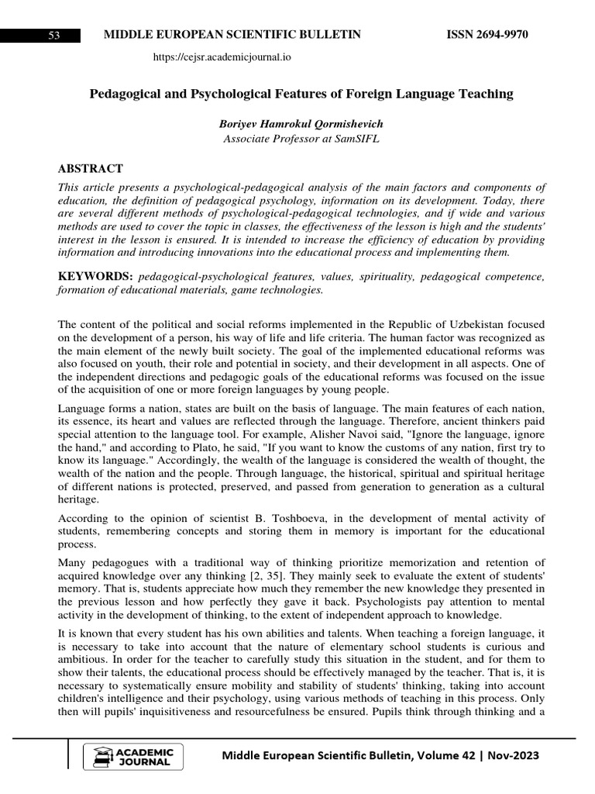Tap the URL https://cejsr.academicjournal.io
pyautogui.click(x=222, y=57)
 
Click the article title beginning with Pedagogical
pyautogui.click(x=301, y=94)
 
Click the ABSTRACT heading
pyautogui.click(x=90, y=169)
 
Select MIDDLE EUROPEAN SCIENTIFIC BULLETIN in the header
pyautogui.click(x=227, y=36)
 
